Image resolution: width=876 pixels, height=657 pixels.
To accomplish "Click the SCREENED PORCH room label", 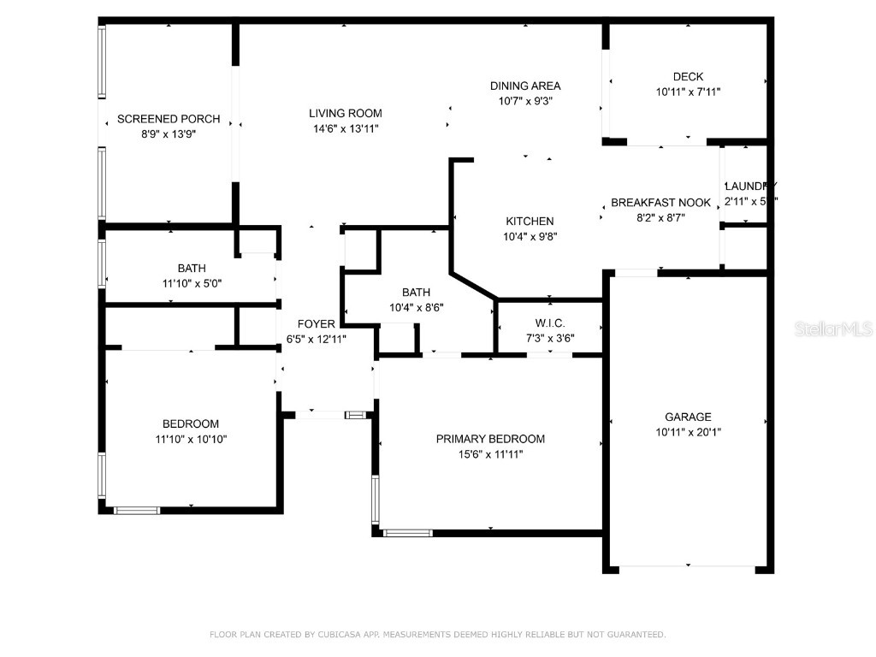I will coord(169,119).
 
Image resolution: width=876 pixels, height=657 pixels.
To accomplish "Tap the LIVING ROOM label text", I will coord(346,113).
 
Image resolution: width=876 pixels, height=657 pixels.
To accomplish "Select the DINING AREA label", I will coord(525,86).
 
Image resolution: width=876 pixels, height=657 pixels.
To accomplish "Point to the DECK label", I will coord(688,77).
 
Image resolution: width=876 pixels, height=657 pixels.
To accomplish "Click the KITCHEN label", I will coord(530,222).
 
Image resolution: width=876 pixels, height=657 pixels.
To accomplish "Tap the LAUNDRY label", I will coord(750,186).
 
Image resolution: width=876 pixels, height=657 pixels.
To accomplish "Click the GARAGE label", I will coord(688,417).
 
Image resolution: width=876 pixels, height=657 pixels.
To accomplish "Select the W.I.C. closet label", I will coord(550,323).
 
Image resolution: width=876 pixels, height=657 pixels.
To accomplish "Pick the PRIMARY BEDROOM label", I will coord(490,439).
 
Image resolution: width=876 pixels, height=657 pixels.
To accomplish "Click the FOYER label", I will coord(317,324).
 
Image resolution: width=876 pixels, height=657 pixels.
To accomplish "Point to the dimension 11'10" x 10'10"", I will coord(191,439).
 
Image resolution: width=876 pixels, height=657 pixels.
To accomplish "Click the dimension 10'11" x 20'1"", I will coord(688,433).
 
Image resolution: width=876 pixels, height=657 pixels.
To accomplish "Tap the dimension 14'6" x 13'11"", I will coord(346,128).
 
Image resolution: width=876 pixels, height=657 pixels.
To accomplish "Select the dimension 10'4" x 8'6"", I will coord(417,307).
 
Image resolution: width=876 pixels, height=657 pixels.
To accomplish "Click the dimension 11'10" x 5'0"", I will coord(192,283).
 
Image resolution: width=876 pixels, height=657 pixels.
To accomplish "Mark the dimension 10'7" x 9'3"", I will coord(525,101).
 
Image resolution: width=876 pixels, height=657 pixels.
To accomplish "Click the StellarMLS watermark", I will coord(832,328).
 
